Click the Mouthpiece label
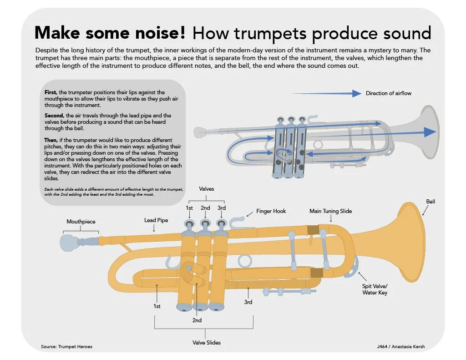coord(81,222)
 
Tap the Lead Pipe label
coord(156,220)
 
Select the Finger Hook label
coord(271,211)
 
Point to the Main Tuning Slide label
coord(330,211)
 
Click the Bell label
coord(431,201)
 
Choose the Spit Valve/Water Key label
coord(375,289)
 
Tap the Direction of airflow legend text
coord(388,93)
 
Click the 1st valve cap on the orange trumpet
coord(189,224)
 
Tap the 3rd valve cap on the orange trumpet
coord(221,224)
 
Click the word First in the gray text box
coord(51,92)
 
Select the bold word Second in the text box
coord(54,116)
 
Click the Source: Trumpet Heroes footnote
coord(66,347)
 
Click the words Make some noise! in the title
coord(110,33)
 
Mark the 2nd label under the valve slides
coord(197,320)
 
